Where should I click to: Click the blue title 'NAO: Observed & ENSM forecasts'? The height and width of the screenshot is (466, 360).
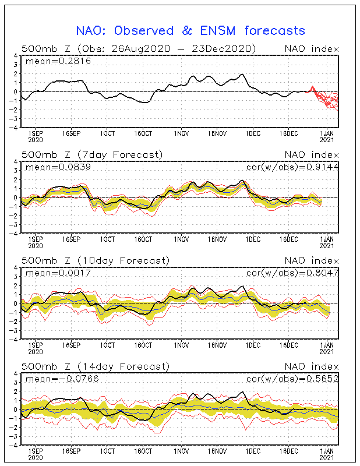click(190, 31)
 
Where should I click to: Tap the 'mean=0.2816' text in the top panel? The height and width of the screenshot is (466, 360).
click(58, 61)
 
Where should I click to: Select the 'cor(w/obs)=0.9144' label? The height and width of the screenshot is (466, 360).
click(292, 167)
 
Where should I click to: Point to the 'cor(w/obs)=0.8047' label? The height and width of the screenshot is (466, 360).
click(292, 273)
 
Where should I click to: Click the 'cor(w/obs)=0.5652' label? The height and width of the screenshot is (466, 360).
click(292, 379)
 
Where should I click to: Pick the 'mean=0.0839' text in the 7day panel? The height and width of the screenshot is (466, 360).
click(58, 167)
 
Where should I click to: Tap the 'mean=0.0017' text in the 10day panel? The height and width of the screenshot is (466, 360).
click(58, 273)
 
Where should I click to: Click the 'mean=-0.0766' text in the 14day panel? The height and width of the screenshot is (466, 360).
click(62, 379)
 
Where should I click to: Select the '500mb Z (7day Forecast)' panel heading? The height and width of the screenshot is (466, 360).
click(92, 155)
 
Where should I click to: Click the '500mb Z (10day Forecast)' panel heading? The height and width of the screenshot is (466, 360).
click(96, 260)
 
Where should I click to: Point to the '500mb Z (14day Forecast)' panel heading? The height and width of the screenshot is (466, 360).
click(96, 366)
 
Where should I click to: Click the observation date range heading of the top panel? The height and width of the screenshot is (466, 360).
click(139, 49)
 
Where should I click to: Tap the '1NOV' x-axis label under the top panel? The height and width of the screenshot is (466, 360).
click(181, 134)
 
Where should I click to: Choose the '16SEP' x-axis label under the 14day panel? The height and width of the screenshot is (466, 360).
click(71, 451)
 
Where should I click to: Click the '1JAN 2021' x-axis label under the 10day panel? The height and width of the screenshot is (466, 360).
click(327, 348)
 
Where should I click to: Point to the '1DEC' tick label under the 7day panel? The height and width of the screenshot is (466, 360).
click(253, 239)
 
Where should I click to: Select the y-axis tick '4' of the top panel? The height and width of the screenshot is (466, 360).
click(16, 55)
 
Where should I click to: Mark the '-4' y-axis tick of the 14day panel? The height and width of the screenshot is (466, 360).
click(14, 445)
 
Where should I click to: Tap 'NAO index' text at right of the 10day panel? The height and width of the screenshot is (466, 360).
click(312, 260)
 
